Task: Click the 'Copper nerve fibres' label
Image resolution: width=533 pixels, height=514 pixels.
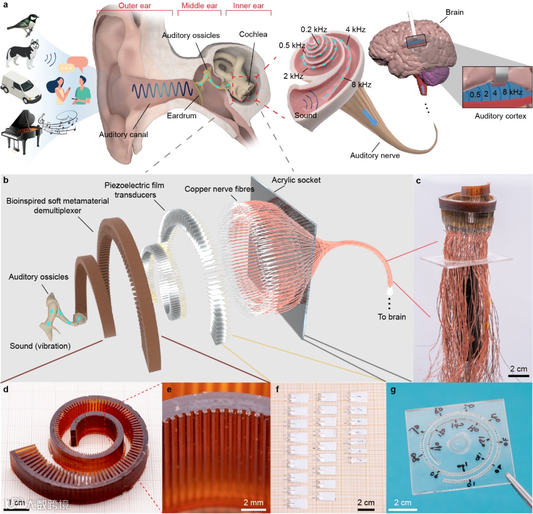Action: pos(213,189)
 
